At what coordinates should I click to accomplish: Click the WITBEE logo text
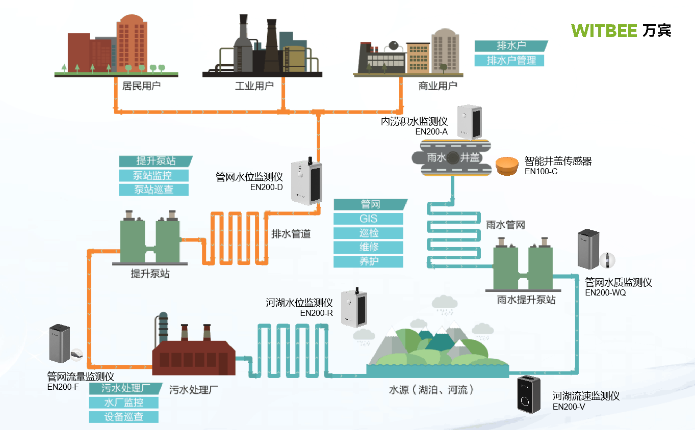point(604,31)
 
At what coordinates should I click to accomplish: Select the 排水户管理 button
point(509,61)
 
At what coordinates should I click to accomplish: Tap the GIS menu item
point(368,219)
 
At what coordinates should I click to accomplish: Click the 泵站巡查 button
point(153,190)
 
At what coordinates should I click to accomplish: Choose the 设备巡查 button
point(123,417)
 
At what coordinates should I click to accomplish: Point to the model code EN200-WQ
point(605,292)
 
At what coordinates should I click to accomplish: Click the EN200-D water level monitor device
point(306,182)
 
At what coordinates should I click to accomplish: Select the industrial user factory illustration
point(262,48)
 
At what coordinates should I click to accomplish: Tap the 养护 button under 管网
point(368,261)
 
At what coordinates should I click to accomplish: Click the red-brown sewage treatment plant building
point(194,357)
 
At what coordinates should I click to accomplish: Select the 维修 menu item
point(368,247)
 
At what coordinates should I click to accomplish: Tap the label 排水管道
point(291,234)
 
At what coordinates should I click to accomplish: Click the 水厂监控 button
point(123,402)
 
